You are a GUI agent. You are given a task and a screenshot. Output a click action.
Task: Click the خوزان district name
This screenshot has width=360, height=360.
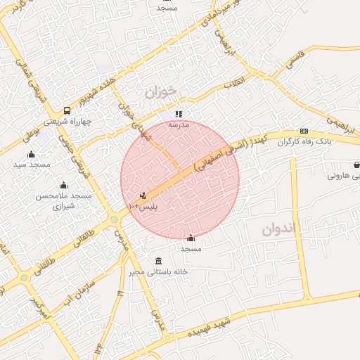click(159, 91)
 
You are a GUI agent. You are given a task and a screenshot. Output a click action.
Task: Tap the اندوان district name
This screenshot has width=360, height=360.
click(280, 229)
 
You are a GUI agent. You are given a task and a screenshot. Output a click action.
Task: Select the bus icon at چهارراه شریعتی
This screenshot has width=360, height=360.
click(67, 110)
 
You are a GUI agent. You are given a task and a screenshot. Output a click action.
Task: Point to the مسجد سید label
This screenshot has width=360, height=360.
click(32, 165)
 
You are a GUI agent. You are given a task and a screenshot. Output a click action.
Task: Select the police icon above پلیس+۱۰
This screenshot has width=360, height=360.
click(143, 195)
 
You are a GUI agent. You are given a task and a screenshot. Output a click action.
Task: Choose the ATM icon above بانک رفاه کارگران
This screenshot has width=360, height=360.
click(304, 131)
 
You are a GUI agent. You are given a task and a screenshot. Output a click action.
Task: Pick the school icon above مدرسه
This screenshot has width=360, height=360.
click(179, 113)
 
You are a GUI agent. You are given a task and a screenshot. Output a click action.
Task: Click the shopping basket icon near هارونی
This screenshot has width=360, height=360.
click(356, 165)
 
